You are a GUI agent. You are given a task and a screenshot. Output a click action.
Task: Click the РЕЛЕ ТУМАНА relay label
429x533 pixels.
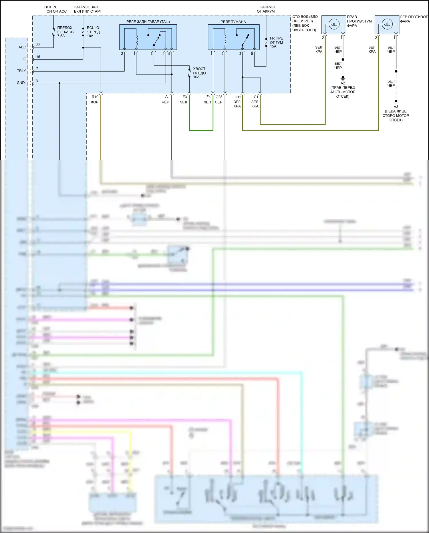click(x=233, y=22)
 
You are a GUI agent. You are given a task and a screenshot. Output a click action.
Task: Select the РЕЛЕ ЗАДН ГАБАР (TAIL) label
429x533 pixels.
click(x=148, y=22)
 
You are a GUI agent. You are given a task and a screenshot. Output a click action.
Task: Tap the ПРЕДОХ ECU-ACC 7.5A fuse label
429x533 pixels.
click(x=65, y=32)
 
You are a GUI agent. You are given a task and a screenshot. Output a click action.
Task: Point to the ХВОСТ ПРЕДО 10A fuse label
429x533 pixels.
click(x=199, y=73)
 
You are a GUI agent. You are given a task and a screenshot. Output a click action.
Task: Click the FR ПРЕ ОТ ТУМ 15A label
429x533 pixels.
click(x=276, y=42)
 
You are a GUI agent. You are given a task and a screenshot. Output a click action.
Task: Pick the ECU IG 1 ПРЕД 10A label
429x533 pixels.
click(x=93, y=32)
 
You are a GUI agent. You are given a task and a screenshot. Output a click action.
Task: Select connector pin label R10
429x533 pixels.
click(x=95, y=97)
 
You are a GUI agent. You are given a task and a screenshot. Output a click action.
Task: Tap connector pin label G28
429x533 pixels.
click(x=219, y=97)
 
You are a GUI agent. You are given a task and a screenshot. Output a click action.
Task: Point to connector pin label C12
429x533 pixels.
click(x=238, y=97)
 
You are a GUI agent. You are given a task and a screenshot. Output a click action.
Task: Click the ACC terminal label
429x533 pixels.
click(x=22, y=47)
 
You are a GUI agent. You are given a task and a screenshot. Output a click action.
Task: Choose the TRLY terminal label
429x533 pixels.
click(x=21, y=71)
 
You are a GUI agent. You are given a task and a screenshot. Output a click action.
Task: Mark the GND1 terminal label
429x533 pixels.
click(x=21, y=83)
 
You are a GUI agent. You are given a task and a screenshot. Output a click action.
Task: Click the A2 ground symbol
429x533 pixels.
click(x=343, y=78)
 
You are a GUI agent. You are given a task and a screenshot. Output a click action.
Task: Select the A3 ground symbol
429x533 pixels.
click(x=396, y=101)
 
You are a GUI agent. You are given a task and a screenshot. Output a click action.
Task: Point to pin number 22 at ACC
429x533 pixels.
click(x=38, y=45)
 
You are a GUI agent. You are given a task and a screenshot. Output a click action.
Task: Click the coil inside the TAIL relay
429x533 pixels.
click(x=136, y=40)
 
